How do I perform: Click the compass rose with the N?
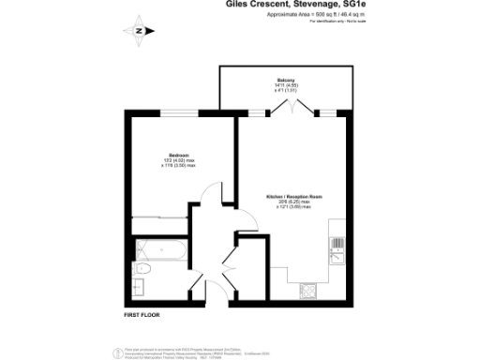pyautogui.click(x=140, y=29)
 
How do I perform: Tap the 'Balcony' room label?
pyautogui.click(x=286, y=81)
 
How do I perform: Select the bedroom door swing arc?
pyautogui.click(x=212, y=198)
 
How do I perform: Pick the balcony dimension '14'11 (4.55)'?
pyautogui.click(x=286, y=86)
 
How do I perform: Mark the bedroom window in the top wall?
pyautogui.click(x=177, y=113)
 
